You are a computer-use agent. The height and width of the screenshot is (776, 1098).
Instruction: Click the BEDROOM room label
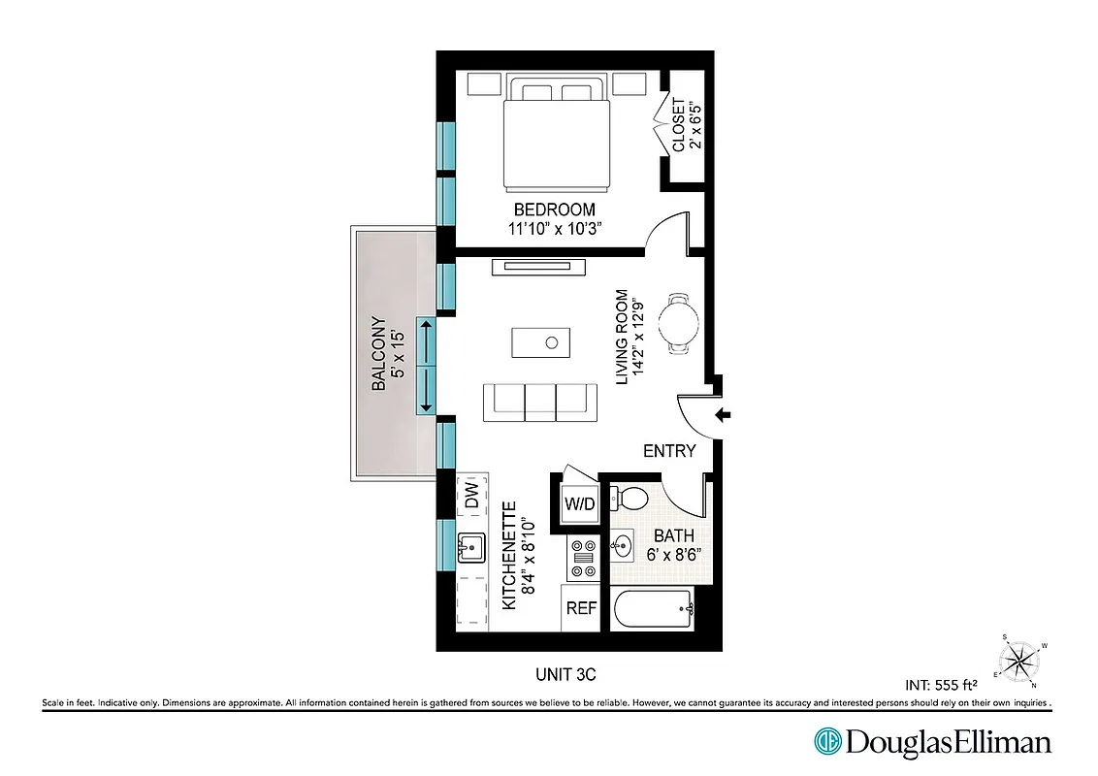pos(554,210)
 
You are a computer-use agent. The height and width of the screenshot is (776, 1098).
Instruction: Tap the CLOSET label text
pos(679,126)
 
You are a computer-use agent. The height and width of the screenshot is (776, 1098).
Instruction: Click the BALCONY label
pos(379,354)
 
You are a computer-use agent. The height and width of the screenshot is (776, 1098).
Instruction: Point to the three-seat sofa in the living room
pos(539,402)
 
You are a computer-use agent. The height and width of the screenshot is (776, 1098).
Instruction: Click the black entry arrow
pos(724,416)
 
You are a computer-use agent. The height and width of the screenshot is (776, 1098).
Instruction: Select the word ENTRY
pos(669,450)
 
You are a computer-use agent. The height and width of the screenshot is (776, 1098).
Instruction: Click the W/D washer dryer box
pos(580,502)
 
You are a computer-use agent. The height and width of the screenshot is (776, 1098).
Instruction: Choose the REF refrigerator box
pos(582,608)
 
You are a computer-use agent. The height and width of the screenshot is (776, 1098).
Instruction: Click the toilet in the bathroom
pos(631,499)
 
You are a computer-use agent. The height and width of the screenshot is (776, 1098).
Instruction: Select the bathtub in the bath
pos(651,610)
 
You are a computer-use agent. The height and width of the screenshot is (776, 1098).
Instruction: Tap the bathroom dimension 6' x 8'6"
pos(674,556)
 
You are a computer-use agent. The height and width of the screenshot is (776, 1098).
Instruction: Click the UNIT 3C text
pos(572,673)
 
